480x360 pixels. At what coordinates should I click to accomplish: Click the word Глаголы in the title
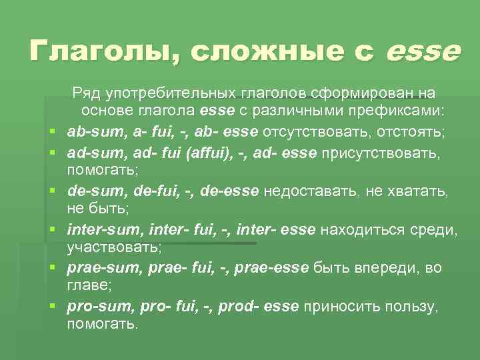click(99, 51)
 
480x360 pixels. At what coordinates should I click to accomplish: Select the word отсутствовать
click(313, 127)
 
